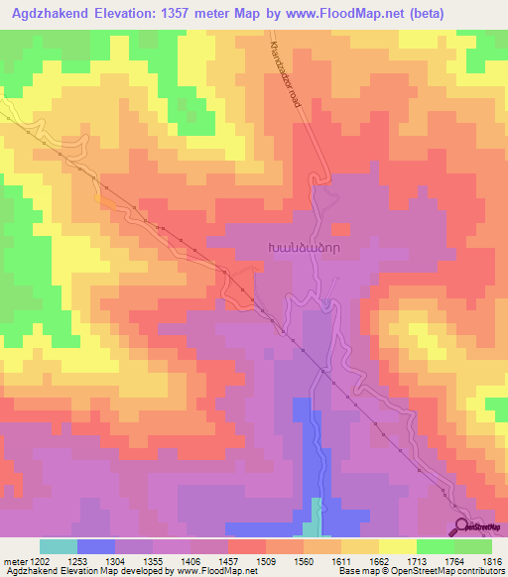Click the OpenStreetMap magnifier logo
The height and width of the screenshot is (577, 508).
(461, 525)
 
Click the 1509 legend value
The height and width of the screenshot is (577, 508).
(265, 561)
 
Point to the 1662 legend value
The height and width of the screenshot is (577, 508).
(377, 561)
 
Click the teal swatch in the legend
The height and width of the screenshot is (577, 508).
(59, 546)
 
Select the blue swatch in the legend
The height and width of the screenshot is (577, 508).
(96, 546)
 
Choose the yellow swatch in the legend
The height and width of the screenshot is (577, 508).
(397, 546)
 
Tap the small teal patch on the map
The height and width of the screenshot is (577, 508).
(317, 517)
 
